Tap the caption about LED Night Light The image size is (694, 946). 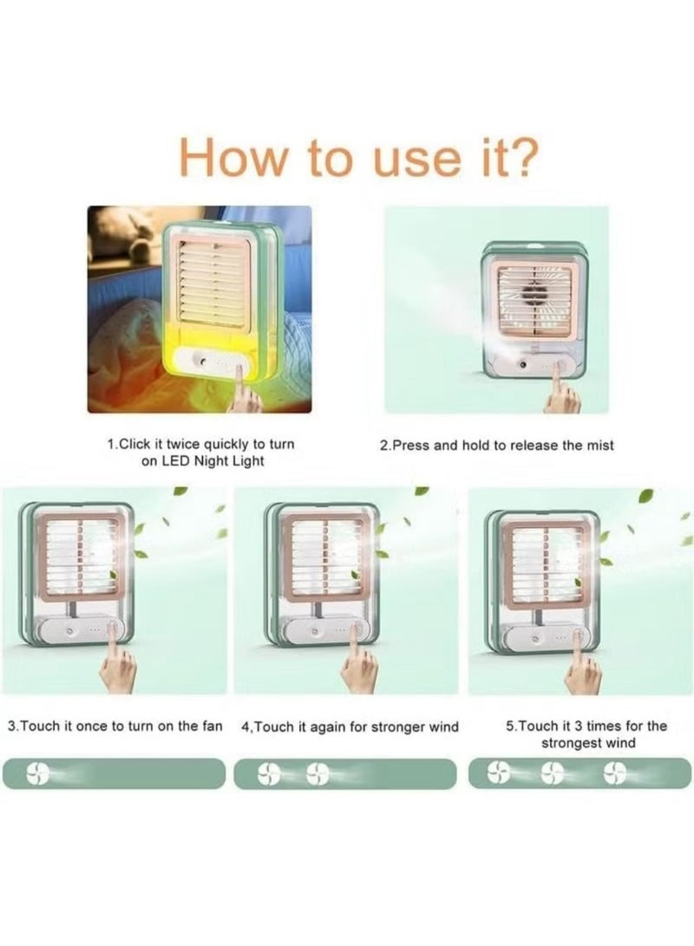(201, 453)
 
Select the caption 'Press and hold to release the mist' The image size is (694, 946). (497, 445)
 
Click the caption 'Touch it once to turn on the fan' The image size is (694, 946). (115, 726)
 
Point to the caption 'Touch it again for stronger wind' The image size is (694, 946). (350, 726)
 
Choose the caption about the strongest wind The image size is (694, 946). (587, 734)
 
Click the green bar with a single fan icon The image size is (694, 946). (115, 773)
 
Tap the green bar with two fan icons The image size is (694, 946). (345, 773)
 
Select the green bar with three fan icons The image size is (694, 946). (579, 773)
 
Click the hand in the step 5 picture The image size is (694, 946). (583, 668)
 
